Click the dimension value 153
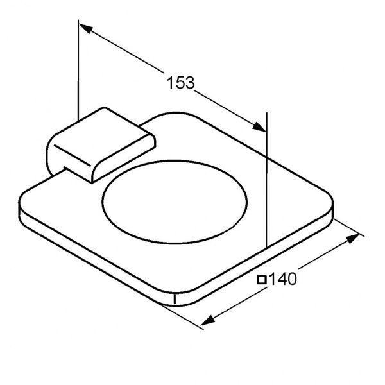(181, 83)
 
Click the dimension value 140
(283, 279)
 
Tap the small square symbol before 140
(262, 280)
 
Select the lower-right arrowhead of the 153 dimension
(260, 126)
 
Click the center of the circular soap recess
(175, 202)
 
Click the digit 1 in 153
(171, 83)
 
